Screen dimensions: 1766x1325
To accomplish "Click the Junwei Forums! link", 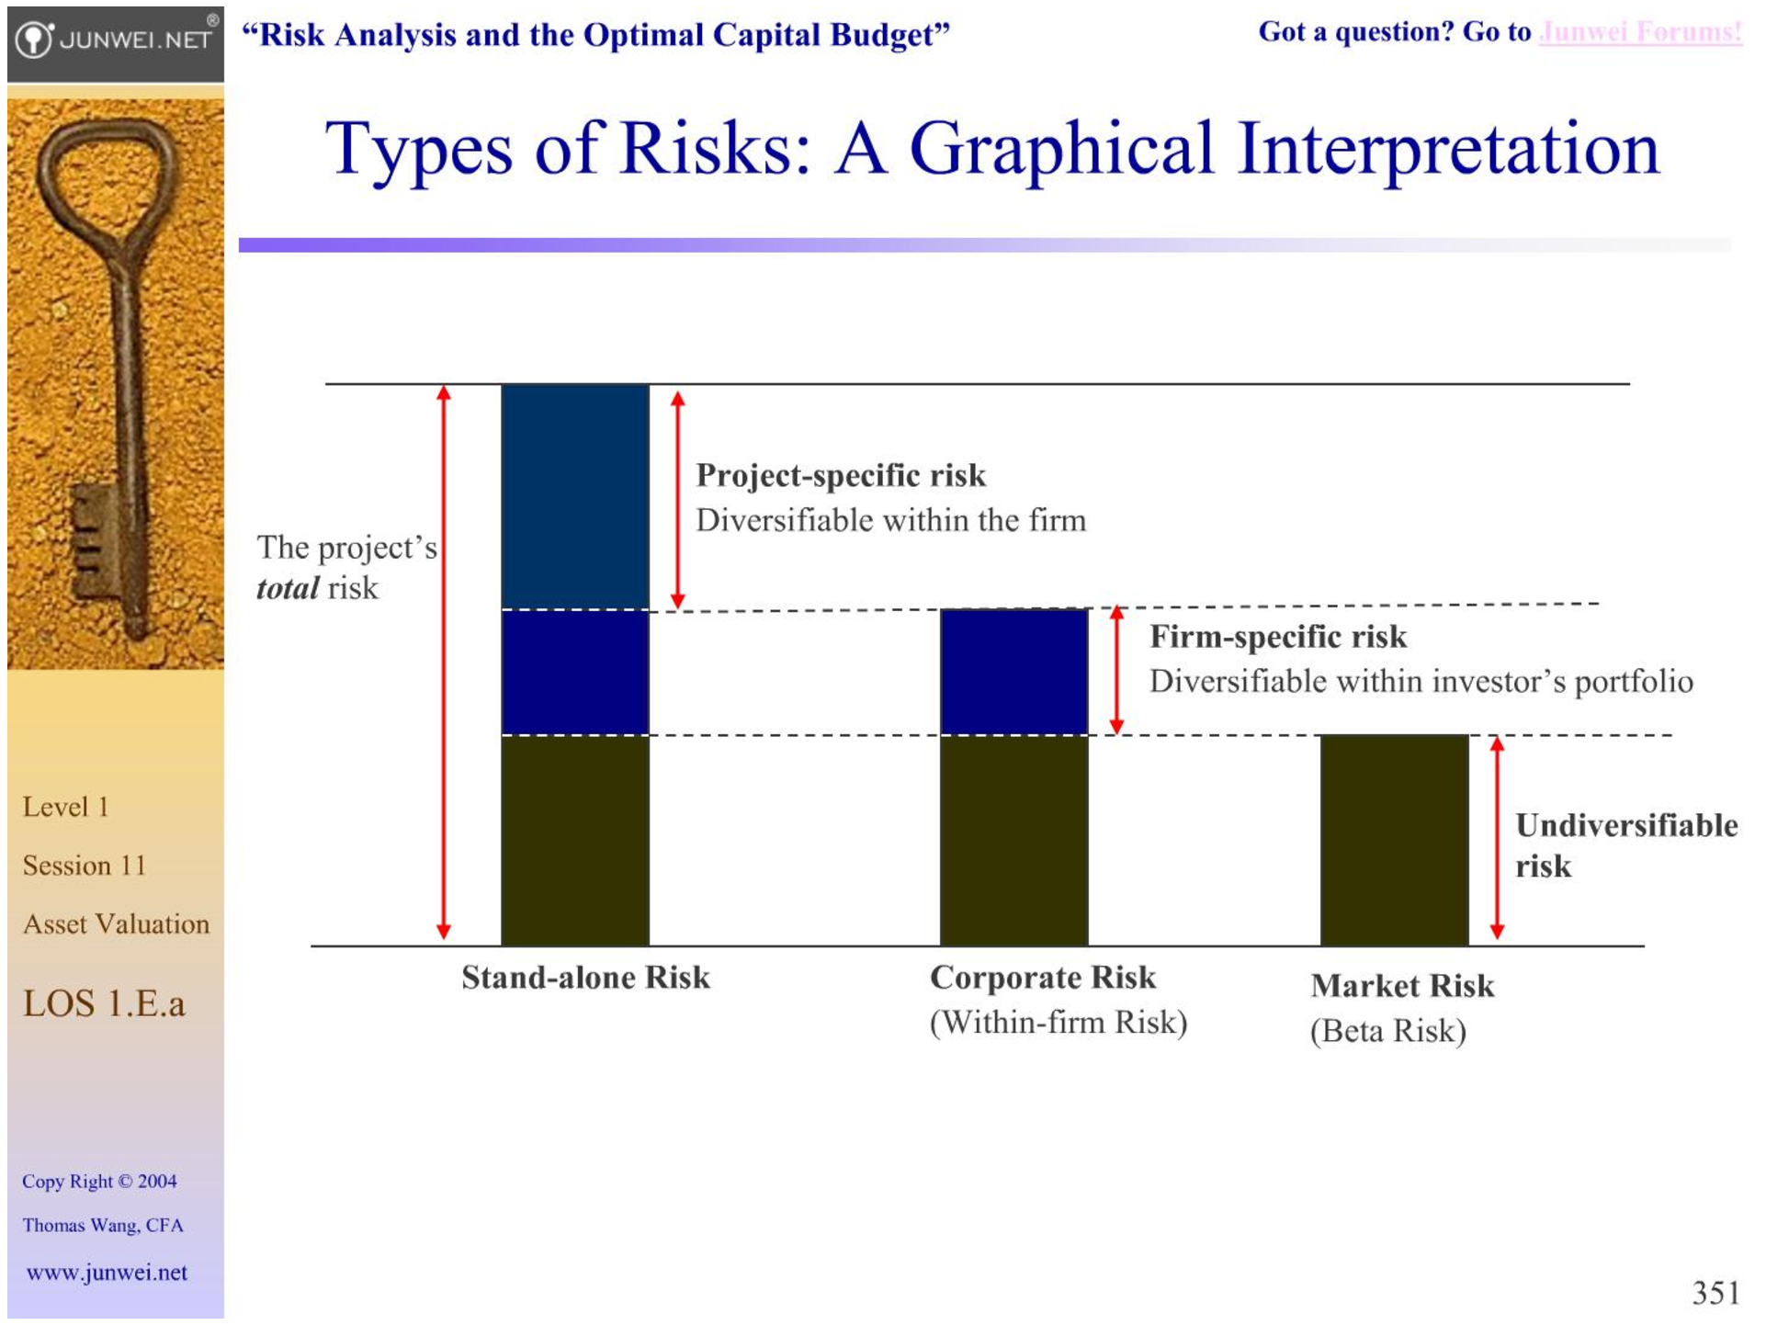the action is [1640, 32].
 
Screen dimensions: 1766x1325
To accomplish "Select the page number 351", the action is [1715, 1293].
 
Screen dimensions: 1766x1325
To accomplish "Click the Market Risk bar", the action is [1394, 840].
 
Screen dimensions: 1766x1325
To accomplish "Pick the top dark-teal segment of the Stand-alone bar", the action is [575, 496].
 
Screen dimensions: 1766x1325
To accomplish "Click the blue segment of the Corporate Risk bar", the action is [1013, 672].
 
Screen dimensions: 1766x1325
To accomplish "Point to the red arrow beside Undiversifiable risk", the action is [1497, 838].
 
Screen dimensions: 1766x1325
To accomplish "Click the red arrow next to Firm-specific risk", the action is [1116, 670].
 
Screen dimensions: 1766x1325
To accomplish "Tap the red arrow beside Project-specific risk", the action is [677, 500].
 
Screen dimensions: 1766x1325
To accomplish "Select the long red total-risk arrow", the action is [444, 662].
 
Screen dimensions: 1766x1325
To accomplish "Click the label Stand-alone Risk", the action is [585, 978].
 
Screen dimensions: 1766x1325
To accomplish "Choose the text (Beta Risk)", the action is [1387, 1031].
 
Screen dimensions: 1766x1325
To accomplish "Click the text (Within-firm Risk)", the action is [1058, 1023].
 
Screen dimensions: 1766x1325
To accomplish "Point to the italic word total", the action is [288, 588].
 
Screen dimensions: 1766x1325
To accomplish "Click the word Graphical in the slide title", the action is [1061, 149].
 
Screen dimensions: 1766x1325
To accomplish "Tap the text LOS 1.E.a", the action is [104, 1003].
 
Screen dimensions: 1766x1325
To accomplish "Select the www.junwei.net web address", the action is [107, 1273].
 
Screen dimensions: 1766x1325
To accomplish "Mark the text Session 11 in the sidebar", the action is [85, 866].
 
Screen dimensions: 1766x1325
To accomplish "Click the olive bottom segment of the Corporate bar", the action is [1013, 841].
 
